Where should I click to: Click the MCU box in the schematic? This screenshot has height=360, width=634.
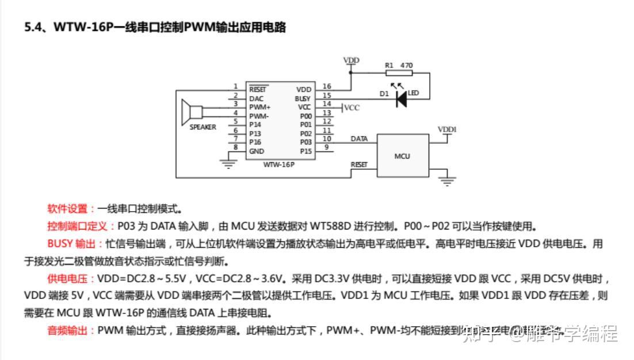coord(403,156)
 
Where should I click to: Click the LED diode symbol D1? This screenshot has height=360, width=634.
coord(401,99)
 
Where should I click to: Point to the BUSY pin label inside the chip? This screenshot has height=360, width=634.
coord(303,99)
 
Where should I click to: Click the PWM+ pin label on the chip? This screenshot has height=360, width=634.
coord(260,108)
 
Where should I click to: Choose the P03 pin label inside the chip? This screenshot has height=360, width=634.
coord(305,142)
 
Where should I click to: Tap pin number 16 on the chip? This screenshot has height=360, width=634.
coord(327,86)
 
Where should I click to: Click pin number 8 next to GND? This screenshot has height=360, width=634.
coord(235,147)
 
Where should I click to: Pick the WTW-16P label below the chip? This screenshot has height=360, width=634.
coord(280,164)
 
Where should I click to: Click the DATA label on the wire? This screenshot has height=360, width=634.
coord(360,139)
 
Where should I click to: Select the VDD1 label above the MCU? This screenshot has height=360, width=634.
coord(447,129)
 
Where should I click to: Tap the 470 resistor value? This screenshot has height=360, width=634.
coord(406,66)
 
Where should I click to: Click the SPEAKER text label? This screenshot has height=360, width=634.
coord(203,128)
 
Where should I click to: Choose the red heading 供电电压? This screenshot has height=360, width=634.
coord(70,279)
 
